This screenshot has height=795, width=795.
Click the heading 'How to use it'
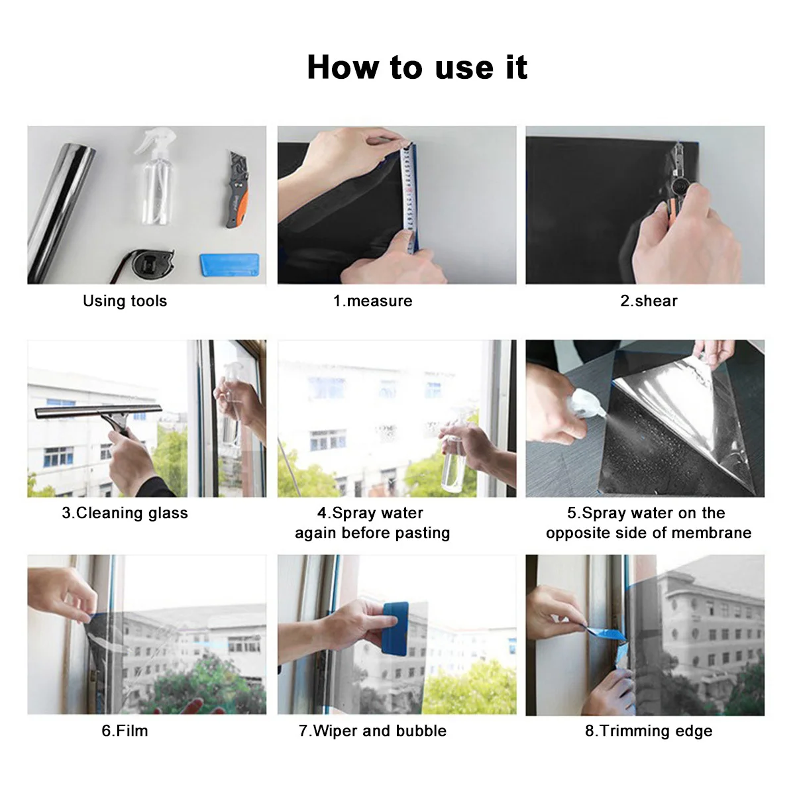click(417, 68)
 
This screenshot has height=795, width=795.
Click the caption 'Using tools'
click(125, 301)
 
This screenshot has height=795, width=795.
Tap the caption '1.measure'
click(372, 301)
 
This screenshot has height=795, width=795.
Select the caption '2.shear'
click(649, 301)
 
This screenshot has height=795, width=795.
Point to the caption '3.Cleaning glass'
click(125, 513)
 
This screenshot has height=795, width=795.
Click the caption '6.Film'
click(125, 731)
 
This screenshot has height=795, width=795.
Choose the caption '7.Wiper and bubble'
click(372, 731)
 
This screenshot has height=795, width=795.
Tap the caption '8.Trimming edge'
click(649, 731)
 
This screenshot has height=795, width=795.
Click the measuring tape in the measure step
click(410, 199)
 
